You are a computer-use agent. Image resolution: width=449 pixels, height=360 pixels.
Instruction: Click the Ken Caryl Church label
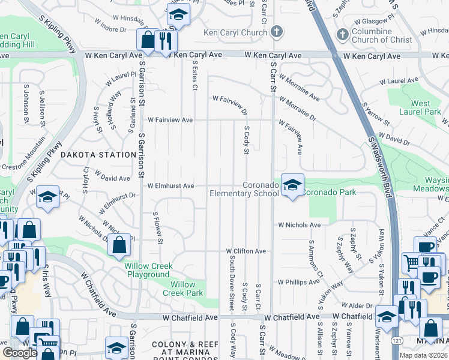pyautogui.click(x=237, y=32)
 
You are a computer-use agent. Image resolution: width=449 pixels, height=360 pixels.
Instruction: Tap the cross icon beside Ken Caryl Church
pyautogui.click(x=277, y=31)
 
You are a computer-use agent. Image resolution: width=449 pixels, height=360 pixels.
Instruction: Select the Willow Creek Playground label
pyautogui.click(x=148, y=270)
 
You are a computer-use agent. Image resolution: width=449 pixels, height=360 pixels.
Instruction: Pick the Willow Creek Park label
pyautogui.click(x=182, y=289)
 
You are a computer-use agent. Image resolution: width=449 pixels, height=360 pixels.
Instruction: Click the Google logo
pyautogui.click(x=19, y=353)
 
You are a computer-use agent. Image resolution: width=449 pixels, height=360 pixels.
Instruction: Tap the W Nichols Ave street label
pyautogui.click(x=299, y=225)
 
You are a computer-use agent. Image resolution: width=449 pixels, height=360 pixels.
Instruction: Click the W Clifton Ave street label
pyautogui.click(x=246, y=251)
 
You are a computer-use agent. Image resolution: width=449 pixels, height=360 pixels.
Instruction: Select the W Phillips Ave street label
pyautogui.click(x=298, y=281)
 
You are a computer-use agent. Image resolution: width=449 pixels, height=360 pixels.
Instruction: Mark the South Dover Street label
pyautogui.click(x=232, y=283)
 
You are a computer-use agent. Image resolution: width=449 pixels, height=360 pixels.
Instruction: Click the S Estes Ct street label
pyautogui.click(x=194, y=74)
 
